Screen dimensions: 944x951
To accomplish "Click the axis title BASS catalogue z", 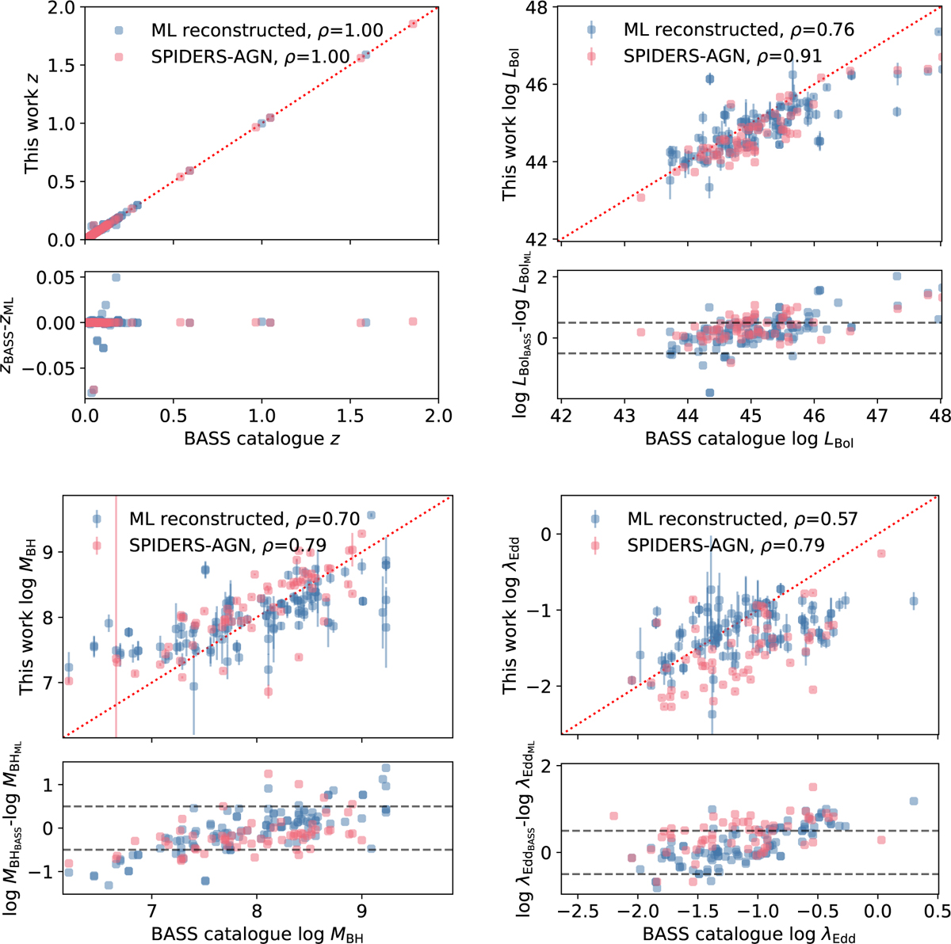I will coord(262,438).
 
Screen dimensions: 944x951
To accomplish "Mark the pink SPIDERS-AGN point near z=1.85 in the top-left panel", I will coord(413,24).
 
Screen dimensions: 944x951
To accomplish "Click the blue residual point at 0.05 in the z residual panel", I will coord(116,278).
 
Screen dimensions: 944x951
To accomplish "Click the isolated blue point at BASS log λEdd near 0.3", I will coord(913,601).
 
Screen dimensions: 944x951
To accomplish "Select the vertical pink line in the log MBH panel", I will coord(116,618).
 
